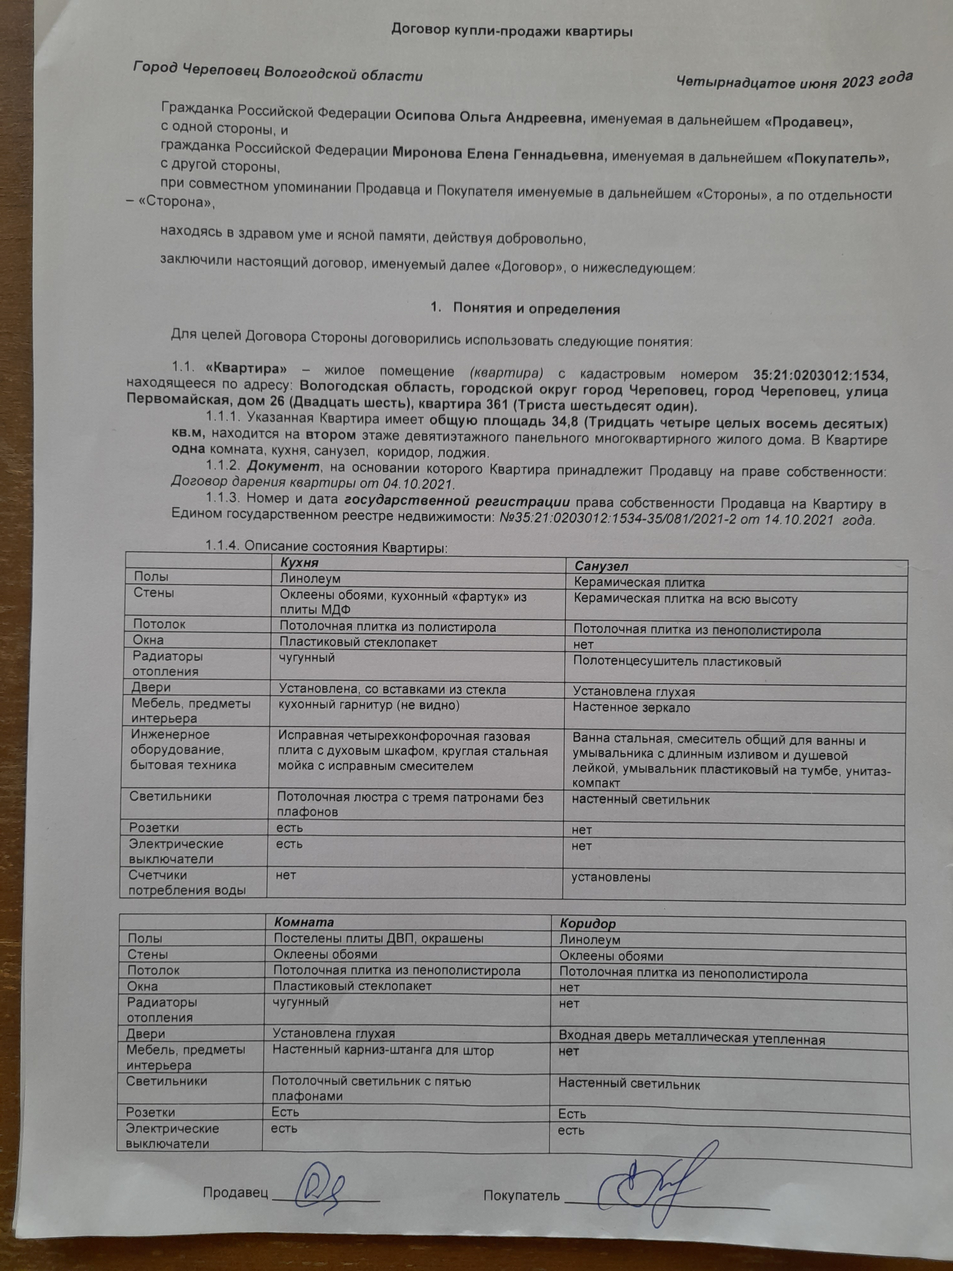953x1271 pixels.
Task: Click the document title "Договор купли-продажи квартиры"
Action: pyautogui.click(x=511, y=31)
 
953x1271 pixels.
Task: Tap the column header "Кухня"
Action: pyautogui.click(x=299, y=561)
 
